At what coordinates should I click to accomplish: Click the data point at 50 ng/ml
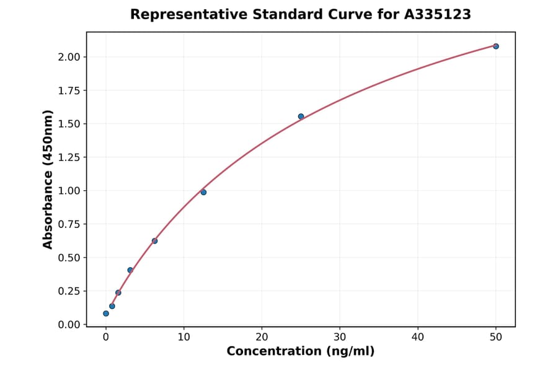(496, 46)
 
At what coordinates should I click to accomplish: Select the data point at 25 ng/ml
(301, 116)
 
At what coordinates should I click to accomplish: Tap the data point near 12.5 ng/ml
(203, 192)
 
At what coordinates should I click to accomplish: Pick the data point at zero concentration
(106, 313)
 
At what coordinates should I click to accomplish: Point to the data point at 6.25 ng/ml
(154, 241)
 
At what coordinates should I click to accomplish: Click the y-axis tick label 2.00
(69, 57)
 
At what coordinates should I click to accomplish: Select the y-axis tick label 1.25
(69, 157)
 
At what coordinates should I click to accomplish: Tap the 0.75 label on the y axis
(69, 224)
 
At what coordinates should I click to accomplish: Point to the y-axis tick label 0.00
(69, 325)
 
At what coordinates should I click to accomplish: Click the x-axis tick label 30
(340, 336)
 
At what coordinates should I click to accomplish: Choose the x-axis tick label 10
(184, 336)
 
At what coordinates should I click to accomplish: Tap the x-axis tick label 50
(496, 336)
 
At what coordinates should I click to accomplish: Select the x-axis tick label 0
(106, 336)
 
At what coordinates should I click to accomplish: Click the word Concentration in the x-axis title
(272, 351)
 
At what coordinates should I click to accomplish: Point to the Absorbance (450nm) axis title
(48, 179)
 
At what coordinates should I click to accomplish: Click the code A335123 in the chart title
(438, 14)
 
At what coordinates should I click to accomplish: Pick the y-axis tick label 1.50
(69, 124)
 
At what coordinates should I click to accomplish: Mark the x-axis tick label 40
(418, 336)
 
